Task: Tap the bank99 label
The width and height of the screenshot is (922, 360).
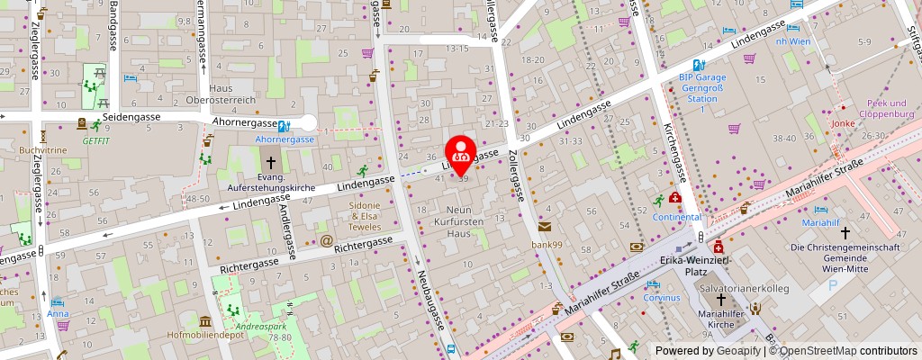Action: (x=546, y=244)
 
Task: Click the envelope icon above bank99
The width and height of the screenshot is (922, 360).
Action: (x=545, y=228)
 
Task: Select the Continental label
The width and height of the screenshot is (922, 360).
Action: (x=677, y=217)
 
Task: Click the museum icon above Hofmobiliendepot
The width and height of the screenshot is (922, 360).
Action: (x=205, y=321)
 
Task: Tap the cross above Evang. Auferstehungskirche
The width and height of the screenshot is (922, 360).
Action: (x=270, y=161)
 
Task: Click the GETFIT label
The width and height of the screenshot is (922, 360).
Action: (x=95, y=140)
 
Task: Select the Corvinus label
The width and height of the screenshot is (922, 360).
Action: (x=662, y=297)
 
